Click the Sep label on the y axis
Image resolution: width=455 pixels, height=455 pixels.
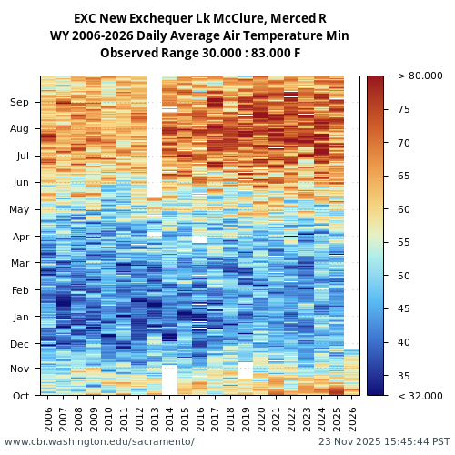coord(20,103)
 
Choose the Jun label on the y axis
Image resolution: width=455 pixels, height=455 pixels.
coord(20,183)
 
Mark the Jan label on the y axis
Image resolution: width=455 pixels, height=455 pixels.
coord(20,318)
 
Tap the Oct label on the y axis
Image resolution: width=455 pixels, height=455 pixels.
coord(20,396)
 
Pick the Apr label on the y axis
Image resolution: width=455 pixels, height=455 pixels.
coord(20,237)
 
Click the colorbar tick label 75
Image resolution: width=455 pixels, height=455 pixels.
coord(404,110)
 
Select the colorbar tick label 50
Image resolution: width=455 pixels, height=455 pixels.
coord(404,276)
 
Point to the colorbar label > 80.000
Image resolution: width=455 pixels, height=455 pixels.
coord(420,76)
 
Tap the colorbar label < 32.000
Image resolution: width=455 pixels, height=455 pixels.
coord(420,396)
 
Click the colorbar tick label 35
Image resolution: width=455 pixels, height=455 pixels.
coord(404,376)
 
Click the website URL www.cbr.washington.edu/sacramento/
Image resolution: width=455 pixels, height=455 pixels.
coord(99,441)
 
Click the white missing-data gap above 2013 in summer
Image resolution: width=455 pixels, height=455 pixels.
coord(154,136)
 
